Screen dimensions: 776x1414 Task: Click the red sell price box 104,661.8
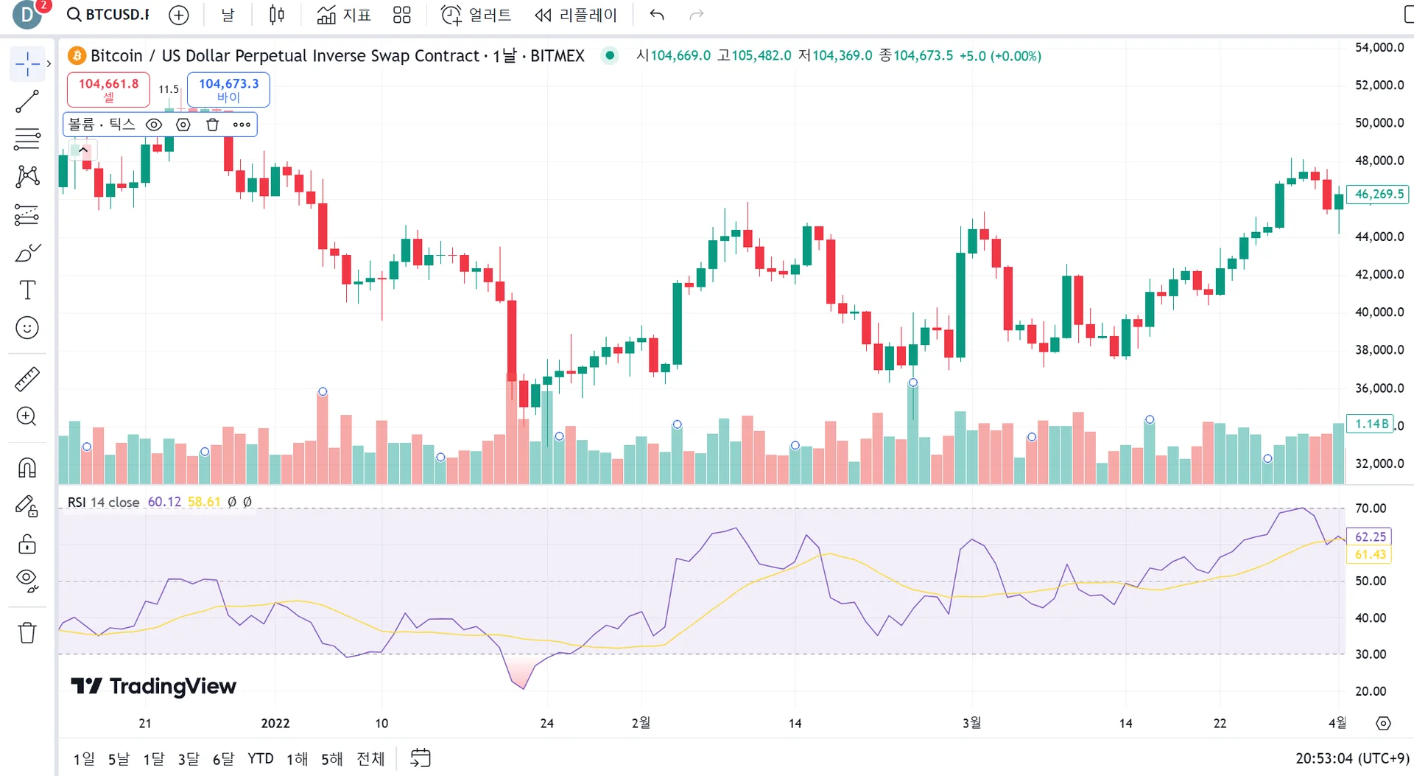pyautogui.click(x=108, y=89)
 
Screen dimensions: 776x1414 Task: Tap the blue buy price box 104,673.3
pyautogui.click(x=228, y=89)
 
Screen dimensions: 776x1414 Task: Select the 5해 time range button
pyautogui.click(x=331, y=758)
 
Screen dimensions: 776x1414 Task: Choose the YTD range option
pyautogui.click(x=260, y=758)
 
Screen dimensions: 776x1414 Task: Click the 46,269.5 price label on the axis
pyautogui.click(x=1378, y=194)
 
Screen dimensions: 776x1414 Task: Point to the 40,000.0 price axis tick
pyautogui.click(x=1379, y=312)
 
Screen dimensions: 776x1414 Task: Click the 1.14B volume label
pyautogui.click(x=1371, y=424)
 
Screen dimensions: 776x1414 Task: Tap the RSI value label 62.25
pyautogui.click(x=1370, y=536)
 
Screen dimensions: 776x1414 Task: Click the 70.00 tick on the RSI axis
pyautogui.click(x=1370, y=508)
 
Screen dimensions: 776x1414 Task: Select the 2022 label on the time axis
pyautogui.click(x=275, y=723)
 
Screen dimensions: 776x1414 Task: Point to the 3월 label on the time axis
pyautogui.click(x=971, y=723)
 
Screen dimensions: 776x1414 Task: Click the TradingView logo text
pyautogui.click(x=154, y=686)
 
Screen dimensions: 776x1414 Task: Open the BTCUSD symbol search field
pyautogui.click(x=109, y=15)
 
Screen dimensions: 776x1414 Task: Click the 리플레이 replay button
pyautogui.click(x=576, y=15)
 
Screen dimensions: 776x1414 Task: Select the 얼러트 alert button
pyautogui.click(x=476, y=15)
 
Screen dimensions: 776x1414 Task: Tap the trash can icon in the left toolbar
pyautogui.click(x=27, y=632)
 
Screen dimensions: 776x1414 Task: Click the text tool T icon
pyautogui.click(x=27, y=290)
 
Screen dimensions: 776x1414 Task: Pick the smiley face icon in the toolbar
pyautogui.click(x=27, y=327)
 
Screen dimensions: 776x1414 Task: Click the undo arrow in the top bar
pyautogui.click(x=657, y=15)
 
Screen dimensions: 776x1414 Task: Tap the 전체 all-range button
pyautogui.click(x=370, y=758)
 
